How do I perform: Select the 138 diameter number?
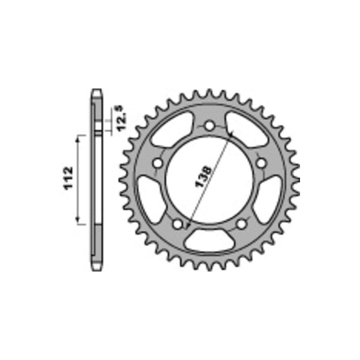tap(203, 176)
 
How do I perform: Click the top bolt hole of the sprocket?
tap(209, 126)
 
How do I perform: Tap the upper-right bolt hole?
tap(261, 163)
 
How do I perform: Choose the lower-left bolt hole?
tap(178, 224)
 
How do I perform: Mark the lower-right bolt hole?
tap(241, 224)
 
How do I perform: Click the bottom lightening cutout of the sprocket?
tap(210, 241)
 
